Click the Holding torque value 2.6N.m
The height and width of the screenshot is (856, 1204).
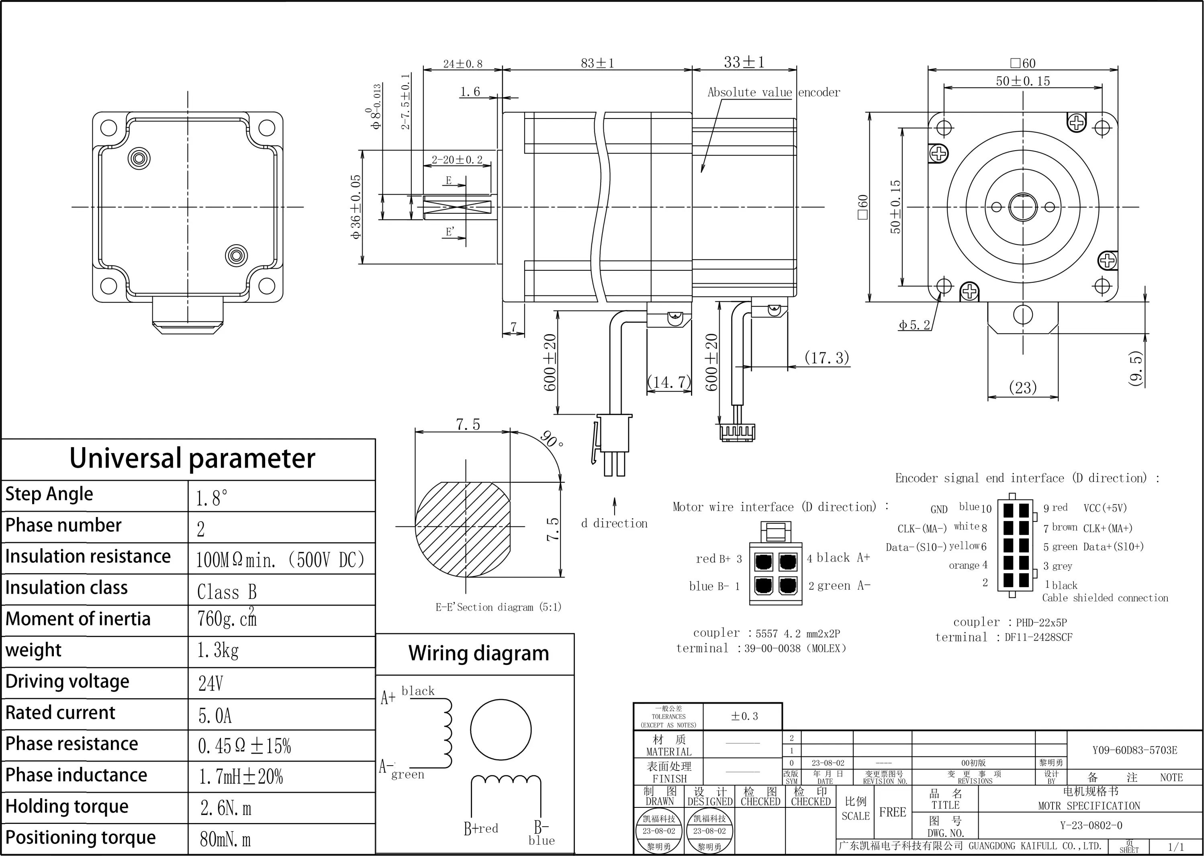[226, 807]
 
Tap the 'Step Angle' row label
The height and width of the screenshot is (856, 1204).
[49, 494]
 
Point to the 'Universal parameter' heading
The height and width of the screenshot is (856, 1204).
[192, 458]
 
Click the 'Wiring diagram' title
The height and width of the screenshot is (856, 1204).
[478, 653]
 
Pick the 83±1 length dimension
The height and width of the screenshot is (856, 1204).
[597, 63]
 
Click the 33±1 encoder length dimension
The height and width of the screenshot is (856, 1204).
[744, 62]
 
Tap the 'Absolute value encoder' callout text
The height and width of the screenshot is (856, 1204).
[773, 92]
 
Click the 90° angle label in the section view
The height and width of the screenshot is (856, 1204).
[552, 439]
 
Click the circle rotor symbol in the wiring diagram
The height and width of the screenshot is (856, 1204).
[500, 729]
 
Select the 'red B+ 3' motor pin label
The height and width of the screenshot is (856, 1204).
[718, 559]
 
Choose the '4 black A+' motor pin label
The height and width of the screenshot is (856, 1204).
[838, 558]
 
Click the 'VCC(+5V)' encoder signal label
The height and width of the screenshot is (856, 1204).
[1105, 508]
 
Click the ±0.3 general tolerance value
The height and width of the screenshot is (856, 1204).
[744, 716]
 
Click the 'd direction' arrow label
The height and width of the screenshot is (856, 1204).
[614, 523]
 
